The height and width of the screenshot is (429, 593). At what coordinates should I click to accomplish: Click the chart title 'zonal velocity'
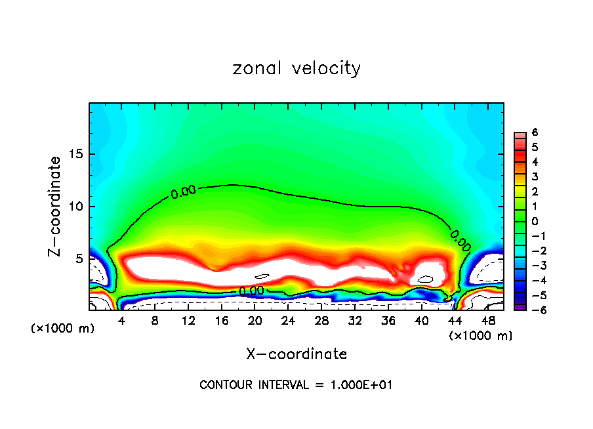tap(296, 68)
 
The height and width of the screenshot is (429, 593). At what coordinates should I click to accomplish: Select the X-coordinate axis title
tap(296, 354)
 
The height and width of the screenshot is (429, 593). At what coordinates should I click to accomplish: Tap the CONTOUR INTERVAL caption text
tap(296, 385)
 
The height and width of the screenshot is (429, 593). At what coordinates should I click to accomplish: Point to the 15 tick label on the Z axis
tap(76, 154)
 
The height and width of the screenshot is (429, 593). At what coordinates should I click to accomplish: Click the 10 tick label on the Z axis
tap(76, 207)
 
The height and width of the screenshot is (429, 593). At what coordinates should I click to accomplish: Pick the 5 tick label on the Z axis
tap(79, 258)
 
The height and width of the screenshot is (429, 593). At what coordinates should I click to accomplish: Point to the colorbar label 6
tap(535, 132)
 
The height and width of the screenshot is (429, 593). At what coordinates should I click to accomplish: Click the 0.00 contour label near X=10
tap(183, 192)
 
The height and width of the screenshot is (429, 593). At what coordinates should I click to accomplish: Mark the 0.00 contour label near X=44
tap(460, 240)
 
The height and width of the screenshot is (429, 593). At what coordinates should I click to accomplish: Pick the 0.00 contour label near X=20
tap(251, 290)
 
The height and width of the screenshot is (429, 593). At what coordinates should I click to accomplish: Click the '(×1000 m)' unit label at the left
tap(63, 329)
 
